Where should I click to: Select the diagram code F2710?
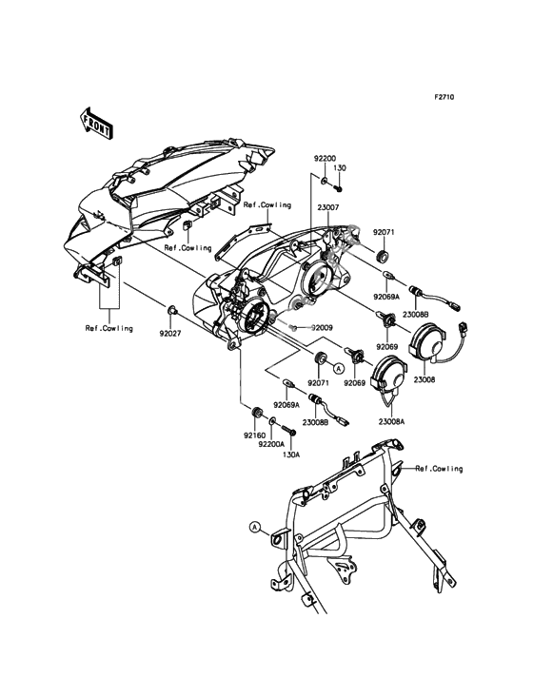click(x=444, y=97)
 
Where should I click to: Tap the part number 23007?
click(x=327, y=207)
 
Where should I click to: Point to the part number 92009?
click(x=322, y=328)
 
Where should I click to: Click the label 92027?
click(x=170, y=333)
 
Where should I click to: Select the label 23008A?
click(x=393, y=422)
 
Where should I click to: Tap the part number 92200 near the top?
click(x=326, y=158)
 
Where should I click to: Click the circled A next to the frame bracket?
click(x=254, y=527)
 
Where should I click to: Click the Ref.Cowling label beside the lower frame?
click(x=439, y=469)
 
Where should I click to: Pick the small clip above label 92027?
click(x=172, y=310)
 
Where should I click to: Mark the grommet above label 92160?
click(x=255, y=412)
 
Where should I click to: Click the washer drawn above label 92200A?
click(x=272, y=419)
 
